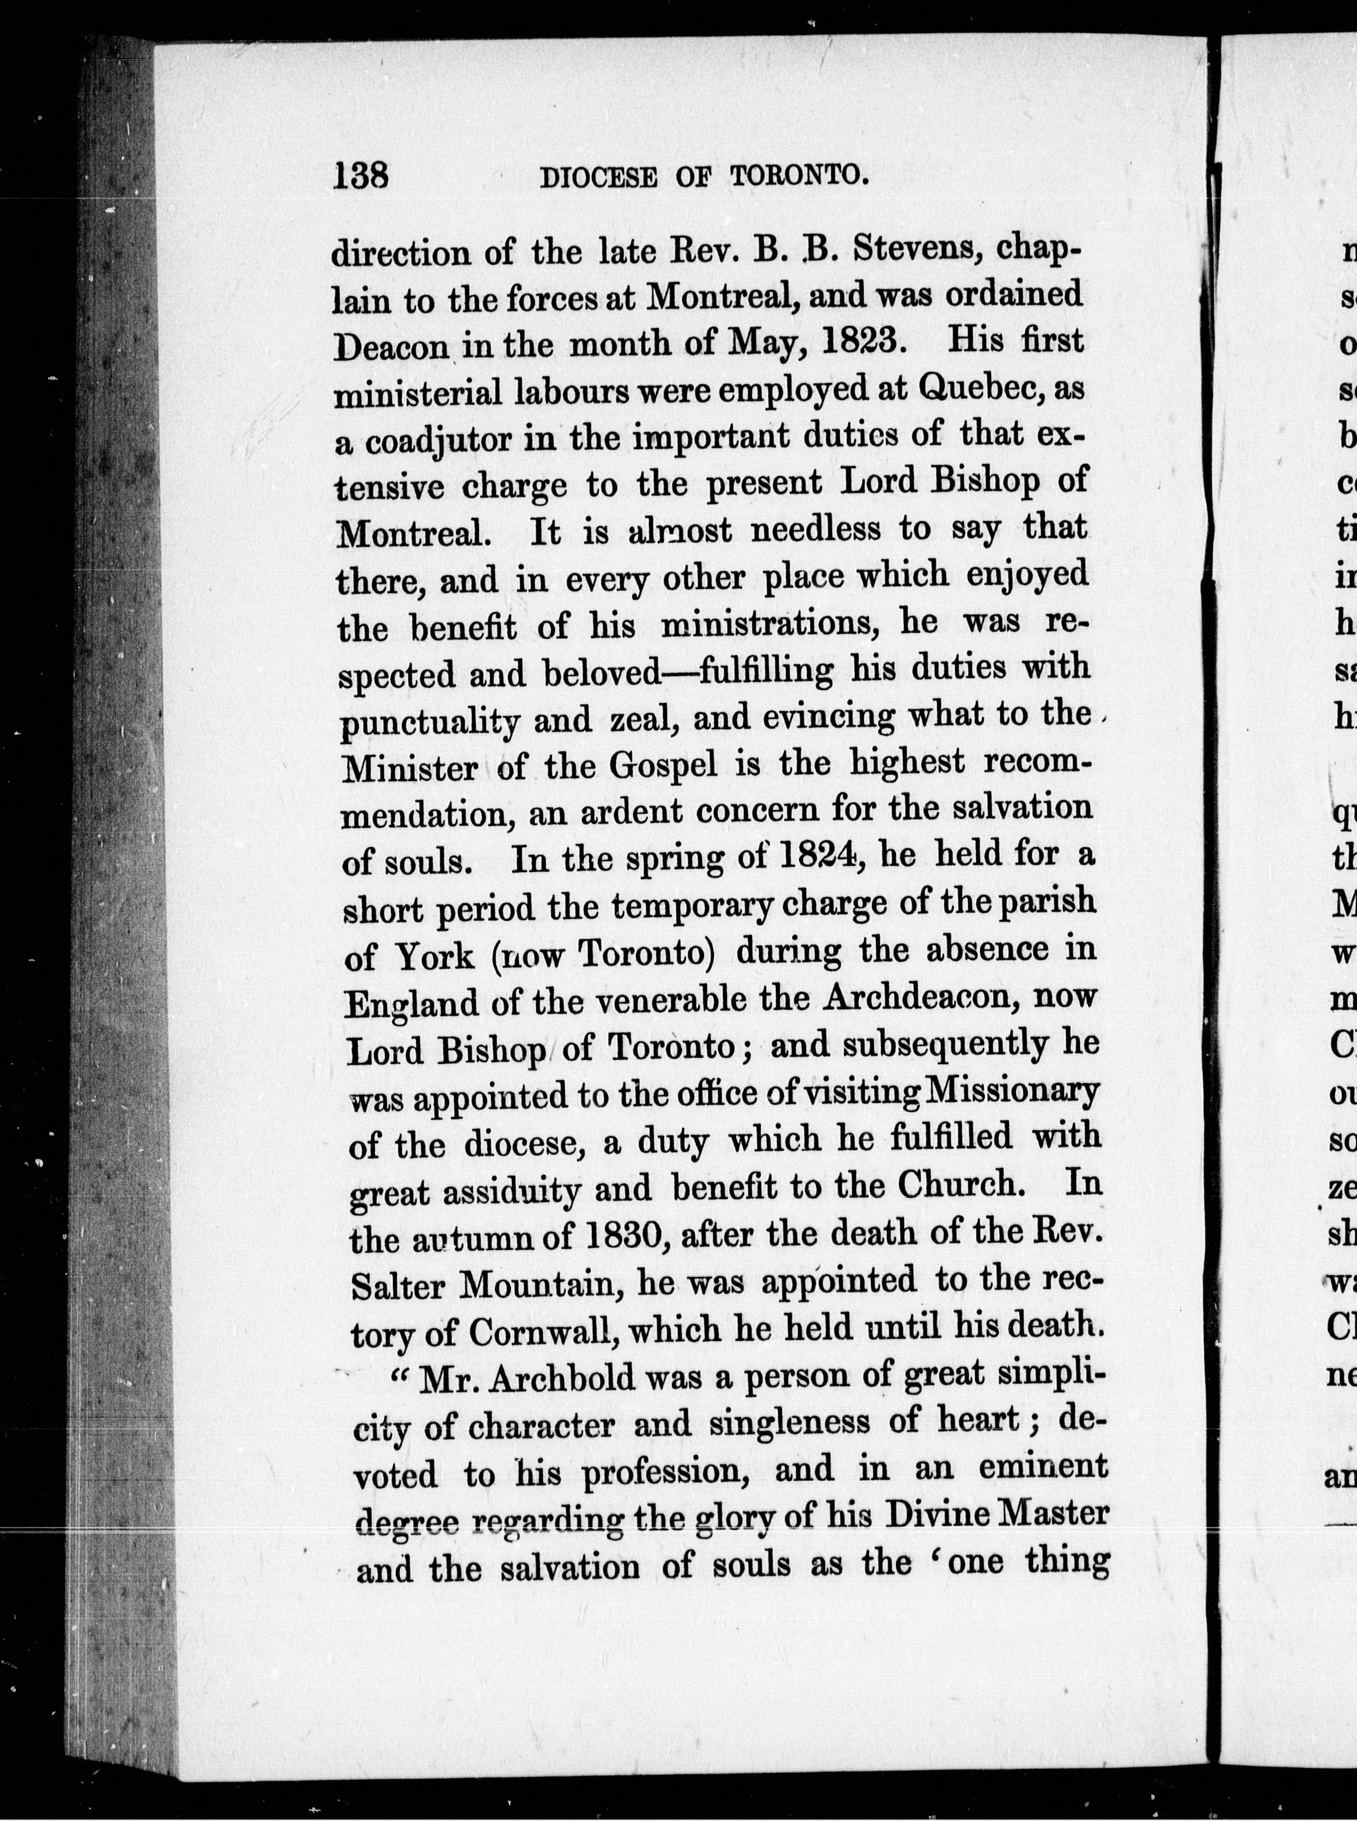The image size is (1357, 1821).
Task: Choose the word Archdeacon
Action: [902, 999]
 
